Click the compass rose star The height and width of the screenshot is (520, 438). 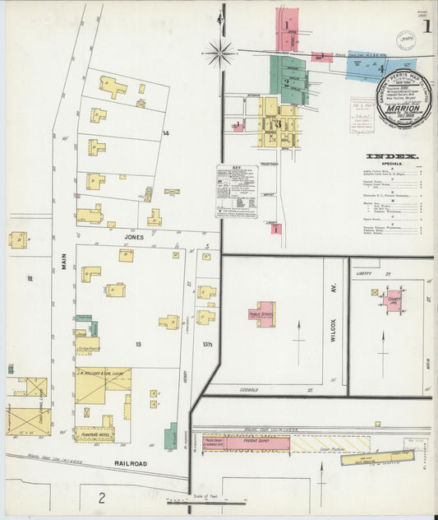point(221,53)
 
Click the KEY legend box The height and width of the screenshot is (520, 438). point(237,191)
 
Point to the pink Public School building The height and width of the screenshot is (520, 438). point(262,314)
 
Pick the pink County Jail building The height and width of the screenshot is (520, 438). point(392,301)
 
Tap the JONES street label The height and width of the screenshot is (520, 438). point(134,237)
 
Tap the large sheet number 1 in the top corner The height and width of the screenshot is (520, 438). point(426,26)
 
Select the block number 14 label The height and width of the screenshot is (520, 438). point(165,133)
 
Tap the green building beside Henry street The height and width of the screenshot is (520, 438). point(171,435)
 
